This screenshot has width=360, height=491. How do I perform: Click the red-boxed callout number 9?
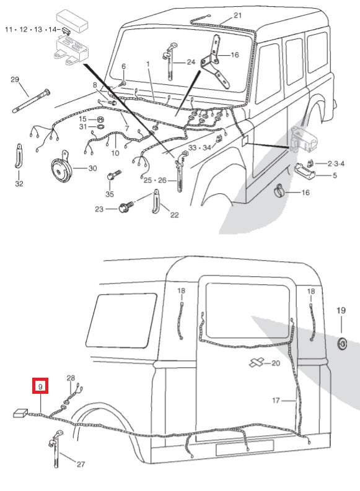40,387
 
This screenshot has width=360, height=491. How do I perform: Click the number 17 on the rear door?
276,400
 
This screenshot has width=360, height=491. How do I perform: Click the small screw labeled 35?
111,177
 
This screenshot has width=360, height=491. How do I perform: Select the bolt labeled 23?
123,209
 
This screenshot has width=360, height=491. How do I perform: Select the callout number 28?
71,378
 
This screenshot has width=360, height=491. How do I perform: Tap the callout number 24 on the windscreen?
190,62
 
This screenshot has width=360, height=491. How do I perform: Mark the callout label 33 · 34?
200,147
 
